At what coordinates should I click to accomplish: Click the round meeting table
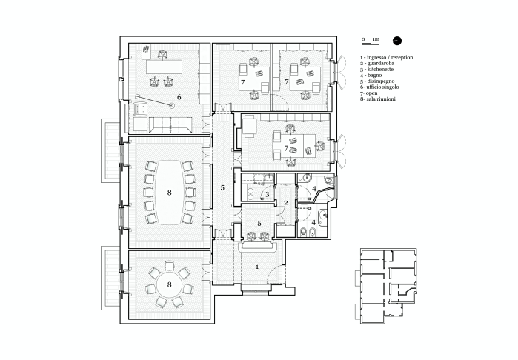click(169, 284)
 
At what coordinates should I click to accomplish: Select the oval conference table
click(169, 193)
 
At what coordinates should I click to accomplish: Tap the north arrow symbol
click(397, 41)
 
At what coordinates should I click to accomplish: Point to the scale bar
click(366, 43)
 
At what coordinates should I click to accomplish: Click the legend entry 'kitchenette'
click(377, 70)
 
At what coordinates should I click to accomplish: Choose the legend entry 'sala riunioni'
click(378, 99)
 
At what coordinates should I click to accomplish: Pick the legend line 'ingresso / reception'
click(387, 58)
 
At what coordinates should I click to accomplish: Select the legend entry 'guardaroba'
click(377, 64)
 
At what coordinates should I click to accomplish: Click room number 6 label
click(179, 97)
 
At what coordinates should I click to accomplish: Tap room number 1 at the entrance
click(257, 267)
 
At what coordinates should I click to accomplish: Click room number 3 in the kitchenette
click(268, 195)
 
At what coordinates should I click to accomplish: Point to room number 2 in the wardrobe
click(286, 203)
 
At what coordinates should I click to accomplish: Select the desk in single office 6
click(165, 67)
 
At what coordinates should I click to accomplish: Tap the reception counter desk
click(257, 246)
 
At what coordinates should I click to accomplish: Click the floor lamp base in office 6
click(171, 106)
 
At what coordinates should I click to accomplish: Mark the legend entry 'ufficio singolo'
click(379, 87)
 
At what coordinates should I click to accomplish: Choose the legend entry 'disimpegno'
click(377, 81)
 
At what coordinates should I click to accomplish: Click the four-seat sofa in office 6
click(170, 124)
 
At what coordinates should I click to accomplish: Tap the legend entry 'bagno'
click(371, 76)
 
